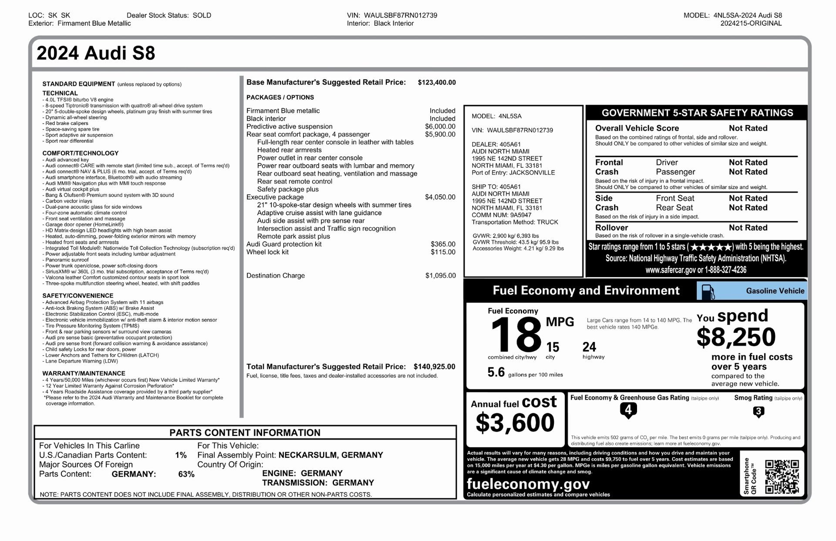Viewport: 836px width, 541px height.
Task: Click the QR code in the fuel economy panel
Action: (782, 477)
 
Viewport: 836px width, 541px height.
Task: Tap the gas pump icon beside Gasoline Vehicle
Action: (708, 291)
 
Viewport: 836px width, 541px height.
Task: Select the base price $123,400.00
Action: (436, 82)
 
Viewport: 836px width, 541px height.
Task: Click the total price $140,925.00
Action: (434, 367)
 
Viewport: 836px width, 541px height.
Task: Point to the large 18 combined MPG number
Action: (516, 335)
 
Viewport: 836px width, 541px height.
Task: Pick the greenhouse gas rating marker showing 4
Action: (628, 410)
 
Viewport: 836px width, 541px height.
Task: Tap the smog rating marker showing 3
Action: (758, 411)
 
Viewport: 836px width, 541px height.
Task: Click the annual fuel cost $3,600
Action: (515, 423)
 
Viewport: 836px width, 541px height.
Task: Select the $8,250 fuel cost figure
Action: (736, 337)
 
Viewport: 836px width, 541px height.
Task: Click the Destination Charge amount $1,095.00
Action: (440, 276)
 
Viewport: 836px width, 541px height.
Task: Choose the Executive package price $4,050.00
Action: (440, 197)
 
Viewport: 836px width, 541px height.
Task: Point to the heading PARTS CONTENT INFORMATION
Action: (245, 433)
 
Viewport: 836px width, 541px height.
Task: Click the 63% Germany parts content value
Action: (186, 474)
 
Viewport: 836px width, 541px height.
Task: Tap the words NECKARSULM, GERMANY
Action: (330, 455)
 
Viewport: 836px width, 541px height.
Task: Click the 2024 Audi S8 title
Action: (96, 53)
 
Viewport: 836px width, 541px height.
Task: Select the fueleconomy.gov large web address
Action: (528, 484)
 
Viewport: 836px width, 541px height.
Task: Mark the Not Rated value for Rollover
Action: (748, 228)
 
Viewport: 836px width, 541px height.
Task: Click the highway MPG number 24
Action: (589, 347)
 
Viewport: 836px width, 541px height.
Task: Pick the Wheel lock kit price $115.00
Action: (443, 252)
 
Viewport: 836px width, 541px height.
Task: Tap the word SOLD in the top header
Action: (202, 15)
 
